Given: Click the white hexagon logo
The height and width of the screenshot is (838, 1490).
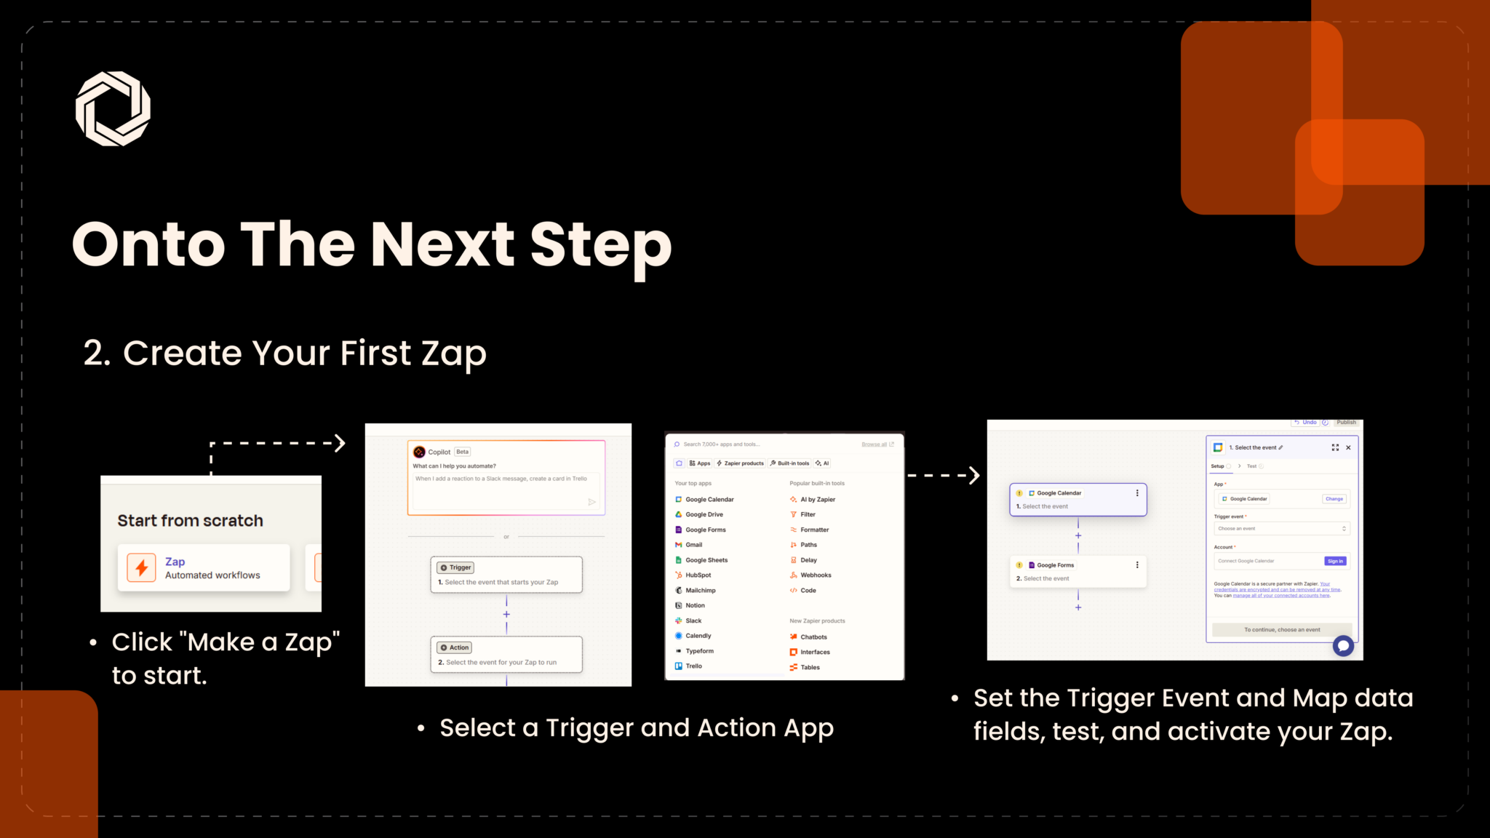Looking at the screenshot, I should (113, 108).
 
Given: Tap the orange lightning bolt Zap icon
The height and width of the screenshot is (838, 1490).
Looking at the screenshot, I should (141, 567).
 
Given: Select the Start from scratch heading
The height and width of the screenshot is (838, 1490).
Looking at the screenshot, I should (190, 521).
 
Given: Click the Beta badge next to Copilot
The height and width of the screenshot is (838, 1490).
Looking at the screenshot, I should (463, 452).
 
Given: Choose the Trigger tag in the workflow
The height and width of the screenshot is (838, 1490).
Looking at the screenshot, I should (456, 567).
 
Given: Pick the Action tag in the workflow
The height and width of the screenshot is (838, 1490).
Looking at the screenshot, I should (455, 647).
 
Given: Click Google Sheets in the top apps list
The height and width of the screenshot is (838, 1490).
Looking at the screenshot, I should (706, 560).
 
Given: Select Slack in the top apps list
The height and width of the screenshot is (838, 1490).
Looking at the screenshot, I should (693, 620).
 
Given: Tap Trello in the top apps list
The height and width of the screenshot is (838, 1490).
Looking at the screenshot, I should (693, 666).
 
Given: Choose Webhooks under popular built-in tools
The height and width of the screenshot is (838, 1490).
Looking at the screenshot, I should (816, 575).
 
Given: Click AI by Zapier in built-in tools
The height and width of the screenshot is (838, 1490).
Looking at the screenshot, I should (818, 499).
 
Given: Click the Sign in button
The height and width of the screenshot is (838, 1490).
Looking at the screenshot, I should (1335, 561).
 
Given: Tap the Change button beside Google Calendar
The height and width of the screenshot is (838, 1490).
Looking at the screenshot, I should (1334, 499).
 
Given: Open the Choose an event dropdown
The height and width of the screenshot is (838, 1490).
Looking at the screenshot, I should (1281, 529).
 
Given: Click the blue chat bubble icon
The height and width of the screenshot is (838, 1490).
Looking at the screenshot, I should (1343, 645).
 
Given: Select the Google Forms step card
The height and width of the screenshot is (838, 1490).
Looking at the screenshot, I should (1077, 572).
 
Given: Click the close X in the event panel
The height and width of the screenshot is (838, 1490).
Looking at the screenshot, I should (1348, 447).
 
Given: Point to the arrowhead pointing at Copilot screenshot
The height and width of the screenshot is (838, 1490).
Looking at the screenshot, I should (339, 443).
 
